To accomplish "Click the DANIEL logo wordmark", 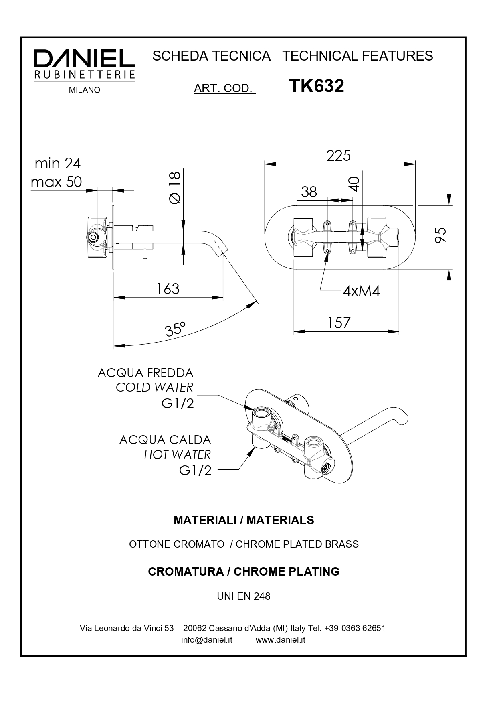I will click(84, 59).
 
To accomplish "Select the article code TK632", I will click(316, 86).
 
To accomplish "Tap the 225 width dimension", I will click(338, 156).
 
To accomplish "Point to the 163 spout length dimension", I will click(168, 289).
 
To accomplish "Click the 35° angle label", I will click(175, 329).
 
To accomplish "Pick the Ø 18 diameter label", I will click(175, 187).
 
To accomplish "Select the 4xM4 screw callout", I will click(361, 291).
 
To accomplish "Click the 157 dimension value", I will click(339, 323).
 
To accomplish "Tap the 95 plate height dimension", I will click(440, 235).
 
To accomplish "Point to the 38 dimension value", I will click(309, 192).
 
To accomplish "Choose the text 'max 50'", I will click(57, 182).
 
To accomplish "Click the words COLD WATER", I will click(154, 388).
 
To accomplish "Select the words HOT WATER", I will click(177, 455).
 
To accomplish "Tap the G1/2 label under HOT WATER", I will click(195, 470).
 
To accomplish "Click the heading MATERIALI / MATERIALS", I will click(244, 520).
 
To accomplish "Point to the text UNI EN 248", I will click(244, 596).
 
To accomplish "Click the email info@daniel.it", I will click(207, 640).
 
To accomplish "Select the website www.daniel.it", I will click(281, 640).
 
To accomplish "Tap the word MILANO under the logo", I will click(85, 91).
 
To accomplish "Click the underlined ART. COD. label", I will click(224, 89).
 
